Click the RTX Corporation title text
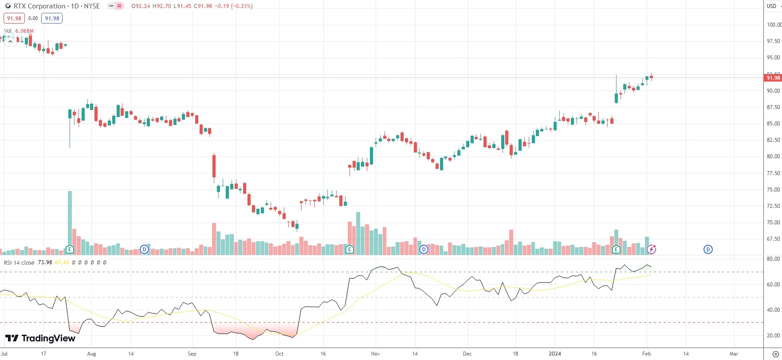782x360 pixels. pos(39,6)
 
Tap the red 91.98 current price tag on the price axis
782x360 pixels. pos(773,78)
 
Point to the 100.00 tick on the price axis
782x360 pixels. pos(774,25)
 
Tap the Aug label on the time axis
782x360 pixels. pos(91,354)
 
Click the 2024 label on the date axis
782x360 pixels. pos(555,354)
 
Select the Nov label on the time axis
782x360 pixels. pos(376,354)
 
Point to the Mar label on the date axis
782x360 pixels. pos(734,354)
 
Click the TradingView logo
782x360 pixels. pos(40,339)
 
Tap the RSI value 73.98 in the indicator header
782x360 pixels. pos(45,262)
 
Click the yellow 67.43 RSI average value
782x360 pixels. pos(62,262)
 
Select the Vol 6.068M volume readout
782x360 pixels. pos(19,31)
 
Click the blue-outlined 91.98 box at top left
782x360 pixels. pos(52,18)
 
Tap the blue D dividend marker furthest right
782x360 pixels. pos(708,250)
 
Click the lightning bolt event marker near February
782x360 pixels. pos(651,250)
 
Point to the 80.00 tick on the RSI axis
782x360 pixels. pos(774,259)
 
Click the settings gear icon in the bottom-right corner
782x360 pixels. pos(775,354)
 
